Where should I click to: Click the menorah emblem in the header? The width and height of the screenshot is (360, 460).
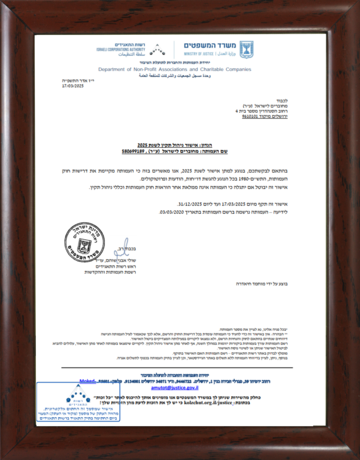point(246,49)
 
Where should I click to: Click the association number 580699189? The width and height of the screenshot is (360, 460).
point(132,152)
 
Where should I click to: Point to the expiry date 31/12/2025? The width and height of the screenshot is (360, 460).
point(189,203)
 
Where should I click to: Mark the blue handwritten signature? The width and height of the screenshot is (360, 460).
point(120,250)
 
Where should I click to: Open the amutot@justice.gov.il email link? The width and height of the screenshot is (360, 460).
point(168,386)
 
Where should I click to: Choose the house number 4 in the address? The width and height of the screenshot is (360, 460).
point(237,110)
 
